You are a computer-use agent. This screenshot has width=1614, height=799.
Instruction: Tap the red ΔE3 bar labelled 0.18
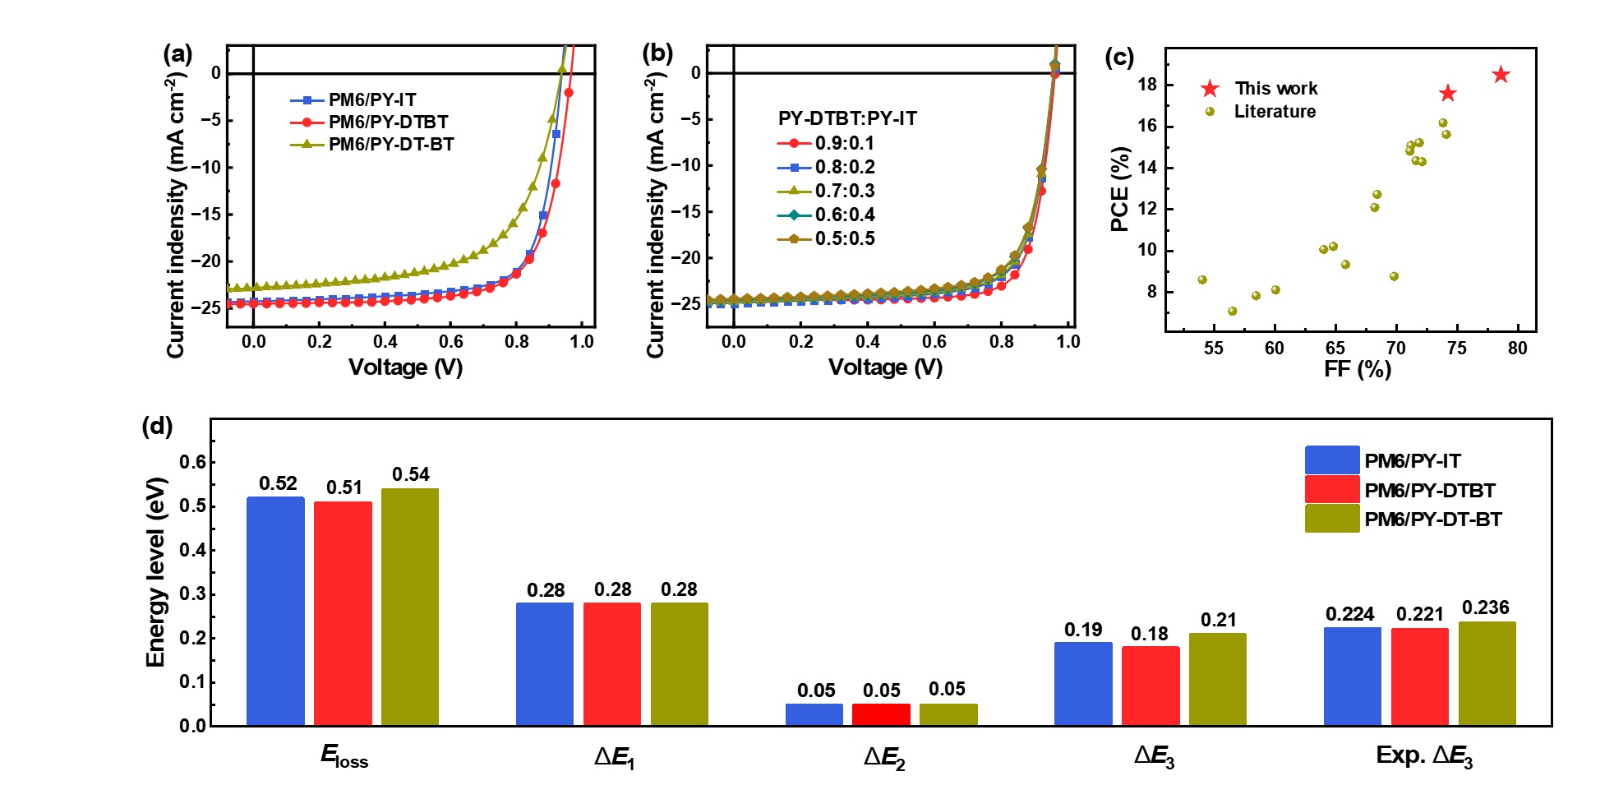(1150, 686)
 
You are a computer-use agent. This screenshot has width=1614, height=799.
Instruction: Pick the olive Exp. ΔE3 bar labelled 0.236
(1487, 673)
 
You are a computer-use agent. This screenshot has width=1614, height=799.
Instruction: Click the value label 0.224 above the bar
(1349, 614)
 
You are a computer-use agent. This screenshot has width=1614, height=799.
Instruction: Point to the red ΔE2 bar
(881, 714)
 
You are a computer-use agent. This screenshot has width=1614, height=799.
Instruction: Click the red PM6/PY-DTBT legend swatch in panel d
(1331, 490)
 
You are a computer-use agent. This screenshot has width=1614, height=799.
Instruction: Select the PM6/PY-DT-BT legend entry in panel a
(372, 145)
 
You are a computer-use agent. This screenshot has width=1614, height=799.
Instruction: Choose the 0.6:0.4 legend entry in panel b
(826, 215)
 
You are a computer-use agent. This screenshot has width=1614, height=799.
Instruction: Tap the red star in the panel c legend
(1210, 89)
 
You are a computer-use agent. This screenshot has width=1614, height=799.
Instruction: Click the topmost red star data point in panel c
(1501, 75)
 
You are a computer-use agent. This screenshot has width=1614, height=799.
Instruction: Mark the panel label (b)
(657, 54)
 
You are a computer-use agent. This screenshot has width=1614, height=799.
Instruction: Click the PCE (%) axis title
(1119, 189)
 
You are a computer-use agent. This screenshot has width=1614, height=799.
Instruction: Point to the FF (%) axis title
(1357, 369)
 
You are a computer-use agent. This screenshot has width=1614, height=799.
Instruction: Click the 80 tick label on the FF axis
(1517, 349)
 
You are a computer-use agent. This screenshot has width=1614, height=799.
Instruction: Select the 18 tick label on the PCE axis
(1147, 85)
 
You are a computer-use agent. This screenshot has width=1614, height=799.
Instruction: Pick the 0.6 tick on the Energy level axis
(193, 462)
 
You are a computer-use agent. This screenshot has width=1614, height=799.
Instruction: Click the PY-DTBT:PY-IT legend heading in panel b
(846, 118)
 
